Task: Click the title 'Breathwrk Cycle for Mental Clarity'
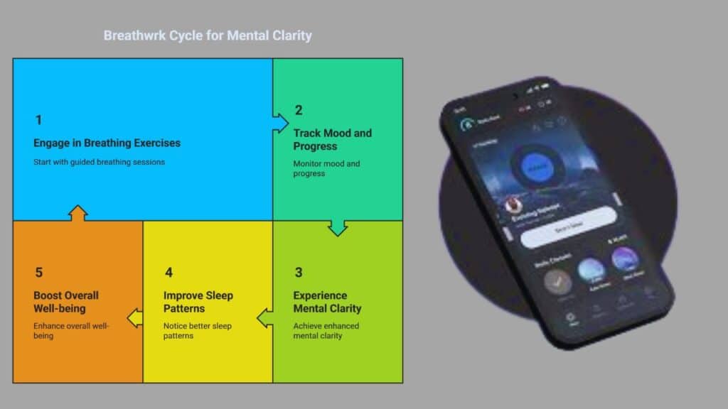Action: tap(208, 36)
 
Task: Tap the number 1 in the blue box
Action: tap(38, 120)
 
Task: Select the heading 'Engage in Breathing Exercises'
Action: tap(107, 143)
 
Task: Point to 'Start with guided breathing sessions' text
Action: tap(99, 162)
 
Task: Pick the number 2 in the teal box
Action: tap(299, 110)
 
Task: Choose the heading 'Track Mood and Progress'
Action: tap(332, 139)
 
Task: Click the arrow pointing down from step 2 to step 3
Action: tap(338, 227)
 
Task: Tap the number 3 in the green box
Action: tap(299, 273)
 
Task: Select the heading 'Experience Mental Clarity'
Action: tap(327, 302)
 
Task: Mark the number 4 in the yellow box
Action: tap(168, 273)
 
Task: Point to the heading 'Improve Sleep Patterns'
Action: tap(198, 302)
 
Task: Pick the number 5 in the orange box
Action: tap(38, 273)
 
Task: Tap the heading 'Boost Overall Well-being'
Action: tap(66, 302)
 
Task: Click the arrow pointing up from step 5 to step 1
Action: tap(78, 213)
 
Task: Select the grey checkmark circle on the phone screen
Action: tap(558, 281)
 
